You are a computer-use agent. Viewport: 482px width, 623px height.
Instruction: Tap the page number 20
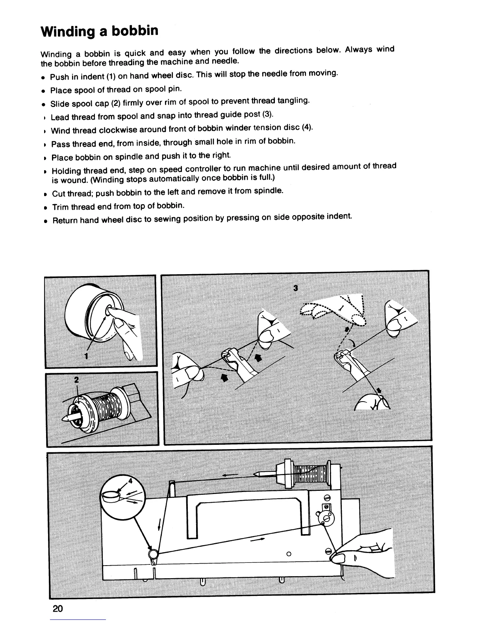point(57,609)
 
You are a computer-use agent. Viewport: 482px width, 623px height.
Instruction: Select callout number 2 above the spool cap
point(76,380)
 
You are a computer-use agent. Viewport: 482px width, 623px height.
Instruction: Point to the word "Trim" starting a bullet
point(61,207)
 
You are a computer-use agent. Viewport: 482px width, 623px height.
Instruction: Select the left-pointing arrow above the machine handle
point(230,476)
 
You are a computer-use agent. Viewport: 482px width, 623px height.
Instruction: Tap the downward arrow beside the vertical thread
point(159,525)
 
